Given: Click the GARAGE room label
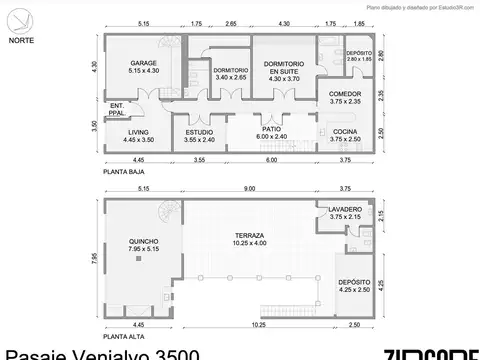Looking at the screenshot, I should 136,67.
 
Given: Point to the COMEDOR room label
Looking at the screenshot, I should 344,97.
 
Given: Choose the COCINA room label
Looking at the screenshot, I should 344,135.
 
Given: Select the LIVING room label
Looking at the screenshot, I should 137,135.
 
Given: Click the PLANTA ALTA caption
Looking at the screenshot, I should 121,337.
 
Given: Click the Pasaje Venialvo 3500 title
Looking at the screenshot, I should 100,354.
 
